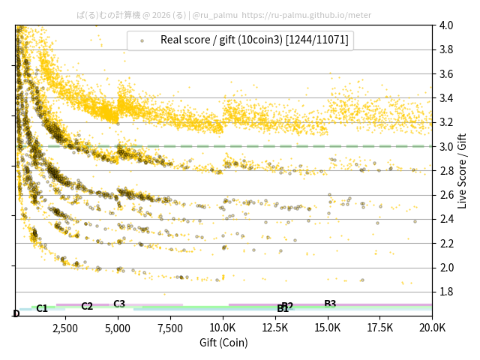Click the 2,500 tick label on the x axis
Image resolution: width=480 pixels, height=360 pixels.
click(x=64, y=328)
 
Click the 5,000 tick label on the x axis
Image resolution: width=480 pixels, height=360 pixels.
click(x=118, y=328)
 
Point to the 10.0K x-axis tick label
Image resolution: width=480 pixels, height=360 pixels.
click(x=223, y=328)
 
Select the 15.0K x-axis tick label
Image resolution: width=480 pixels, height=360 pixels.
click(x=328, y=328)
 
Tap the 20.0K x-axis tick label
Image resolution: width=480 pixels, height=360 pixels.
click(x=432, y=328)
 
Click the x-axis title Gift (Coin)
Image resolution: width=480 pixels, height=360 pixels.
click(x=223, y=343)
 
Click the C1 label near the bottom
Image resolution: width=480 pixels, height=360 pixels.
click(x=42, y=308)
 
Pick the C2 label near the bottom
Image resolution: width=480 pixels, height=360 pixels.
click(x=87, y=306)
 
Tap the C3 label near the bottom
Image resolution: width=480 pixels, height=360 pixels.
click(x=119, y=304)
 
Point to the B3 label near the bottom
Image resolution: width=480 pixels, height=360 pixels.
click(x=330, y=304)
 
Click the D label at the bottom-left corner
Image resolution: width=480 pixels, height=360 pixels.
click(x=16, y=313)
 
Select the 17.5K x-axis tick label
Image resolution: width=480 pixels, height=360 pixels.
click(x=381, y=328)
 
